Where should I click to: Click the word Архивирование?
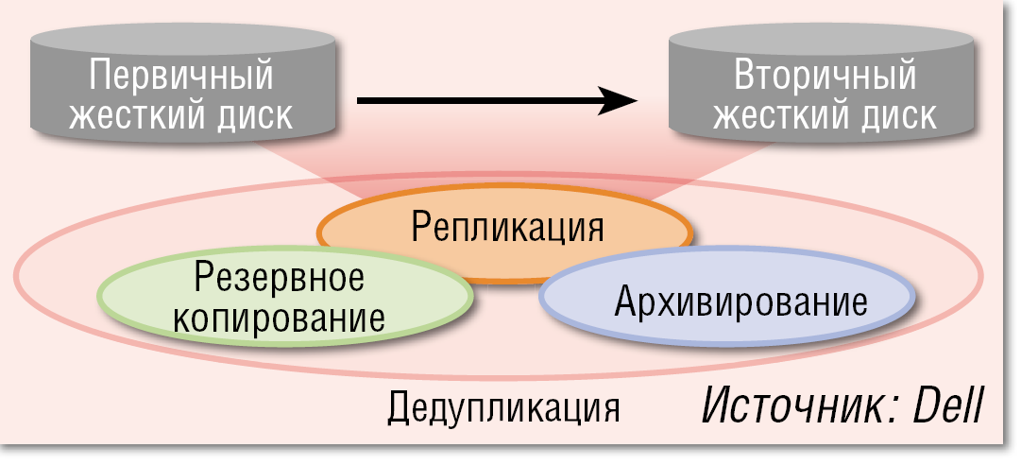click(740, 302)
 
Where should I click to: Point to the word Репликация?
click(506, 227)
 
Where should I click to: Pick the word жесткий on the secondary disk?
click(770, 115)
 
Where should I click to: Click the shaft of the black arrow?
click(472, 100)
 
